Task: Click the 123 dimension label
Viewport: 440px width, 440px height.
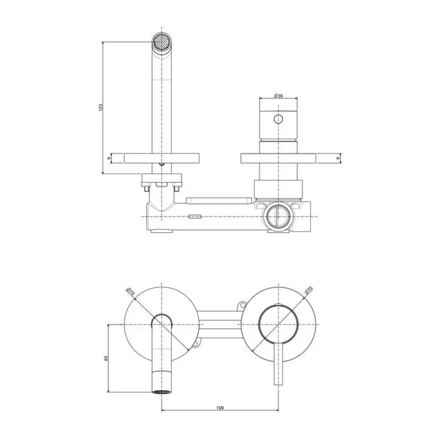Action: click(101, 107)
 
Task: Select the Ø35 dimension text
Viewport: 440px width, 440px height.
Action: click(279, 95)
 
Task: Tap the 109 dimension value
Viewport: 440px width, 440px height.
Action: click(220, 408)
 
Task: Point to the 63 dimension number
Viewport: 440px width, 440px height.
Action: click(106, 358)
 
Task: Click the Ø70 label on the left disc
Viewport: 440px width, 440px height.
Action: click(131, 292)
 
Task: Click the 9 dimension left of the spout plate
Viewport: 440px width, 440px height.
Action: click(109, 158)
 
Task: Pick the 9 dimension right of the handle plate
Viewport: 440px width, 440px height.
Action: click(338, 158)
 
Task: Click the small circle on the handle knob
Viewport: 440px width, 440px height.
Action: click(278, 119)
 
